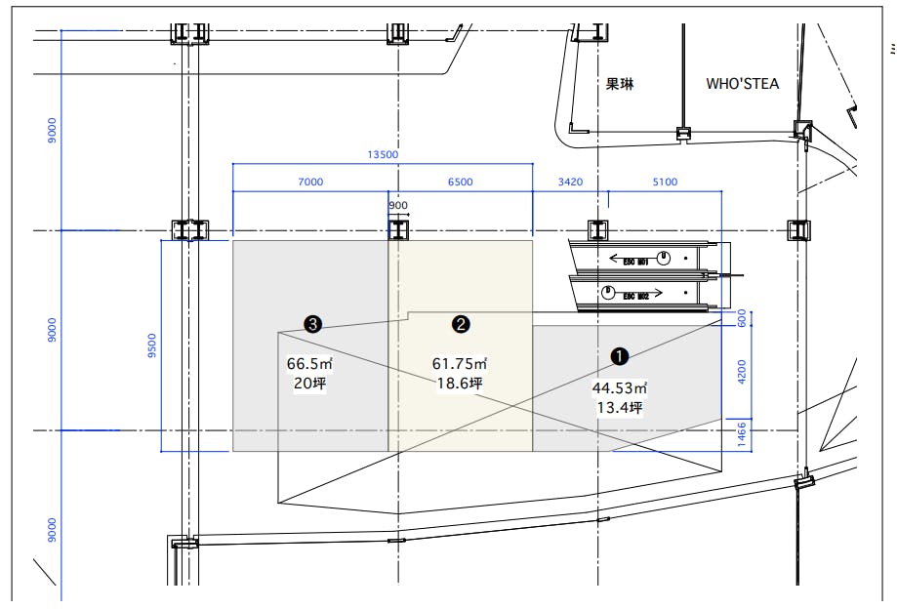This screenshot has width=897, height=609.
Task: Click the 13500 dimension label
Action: pyautogui.click(x=382, y=154)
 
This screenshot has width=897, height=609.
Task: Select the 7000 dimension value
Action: pyautogui.click(x=309, y=182)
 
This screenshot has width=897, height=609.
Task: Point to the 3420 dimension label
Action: pyautogui.click(x=570, y=182)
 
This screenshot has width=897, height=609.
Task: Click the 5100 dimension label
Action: pyautogui.click(x=664, y=182)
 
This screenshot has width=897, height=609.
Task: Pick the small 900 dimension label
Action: pyautogui.click(x=398, y=206)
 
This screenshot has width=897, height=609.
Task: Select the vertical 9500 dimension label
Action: pyautogui.click(x=151, y=345)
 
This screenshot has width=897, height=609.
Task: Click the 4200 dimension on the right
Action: pyautogui.click(x=741, y=372)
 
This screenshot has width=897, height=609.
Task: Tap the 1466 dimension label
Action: pyautogui.click(x=741, y=433)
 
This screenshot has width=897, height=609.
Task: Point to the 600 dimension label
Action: pyautogui.click(x=741, y=318)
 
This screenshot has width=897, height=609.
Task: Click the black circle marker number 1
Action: pyautogui.click(x=619, y=356)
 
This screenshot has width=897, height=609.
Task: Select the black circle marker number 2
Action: pyautogui.click(x=460, y=324)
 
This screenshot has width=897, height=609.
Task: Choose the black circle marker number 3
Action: pyautogui.click(x=312, y=324)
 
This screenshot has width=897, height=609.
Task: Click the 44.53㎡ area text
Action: pyautogui.click(x=619, y=387)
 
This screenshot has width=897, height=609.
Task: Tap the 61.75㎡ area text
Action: pyautogui.click(x=459, y=364)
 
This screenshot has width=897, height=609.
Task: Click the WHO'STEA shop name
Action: pyautogui.click(x=743, y=84)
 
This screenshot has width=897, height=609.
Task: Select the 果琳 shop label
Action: pyautogui.click(x=620, y=84)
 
